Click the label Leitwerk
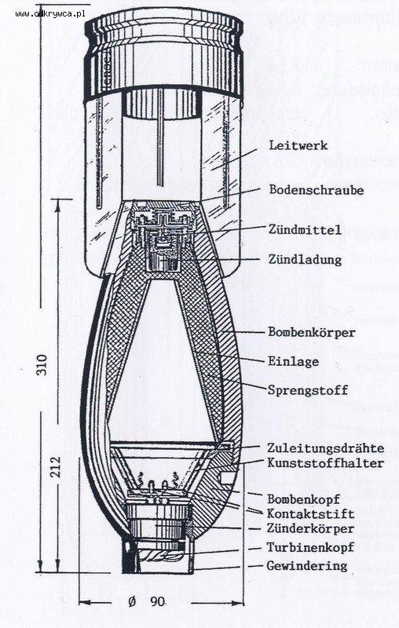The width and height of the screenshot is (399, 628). [298, 145]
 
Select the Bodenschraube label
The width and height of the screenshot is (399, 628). [317, 189]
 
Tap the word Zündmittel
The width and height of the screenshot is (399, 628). [305, 229]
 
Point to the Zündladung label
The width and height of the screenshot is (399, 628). [305, 259]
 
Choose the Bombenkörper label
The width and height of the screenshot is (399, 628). [312, 332]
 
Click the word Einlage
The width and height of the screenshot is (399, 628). [293, 361]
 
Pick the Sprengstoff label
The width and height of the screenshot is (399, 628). [308, 390]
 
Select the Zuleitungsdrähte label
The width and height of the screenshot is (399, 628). [326, 447]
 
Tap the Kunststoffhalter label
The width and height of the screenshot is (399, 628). [326, 463]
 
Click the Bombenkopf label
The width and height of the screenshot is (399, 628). [303, 499]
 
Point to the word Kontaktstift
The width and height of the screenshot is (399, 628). [311, 513]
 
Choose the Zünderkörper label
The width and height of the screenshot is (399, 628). [311, 528]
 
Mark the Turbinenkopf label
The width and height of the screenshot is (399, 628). [311, 546]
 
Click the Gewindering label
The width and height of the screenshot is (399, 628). [307, 565]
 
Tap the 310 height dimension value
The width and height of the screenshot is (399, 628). [42, 364]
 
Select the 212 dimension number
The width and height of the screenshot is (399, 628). [56, 466]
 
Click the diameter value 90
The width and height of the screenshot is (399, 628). [157, 601]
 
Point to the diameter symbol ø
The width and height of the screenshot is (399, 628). [132, 601]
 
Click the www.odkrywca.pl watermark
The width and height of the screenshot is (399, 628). [50, 14]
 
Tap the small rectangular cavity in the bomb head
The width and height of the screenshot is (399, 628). [227, 477]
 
